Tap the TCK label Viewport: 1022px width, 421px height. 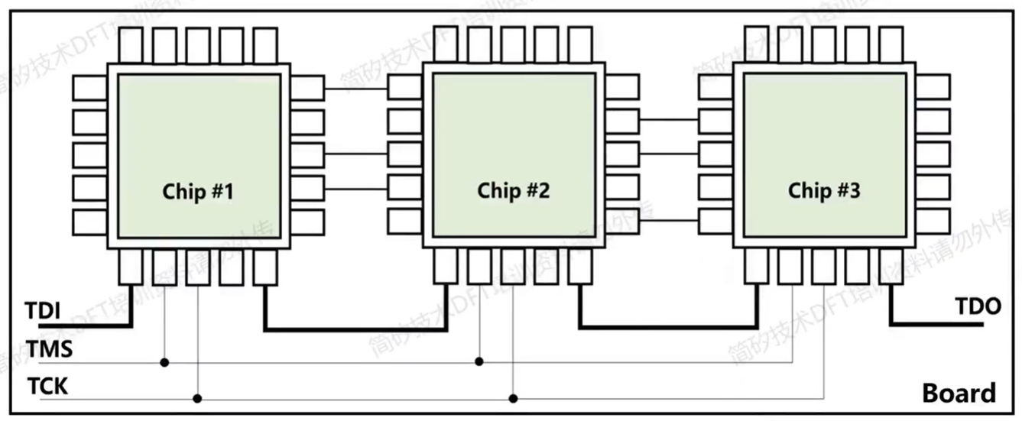47,386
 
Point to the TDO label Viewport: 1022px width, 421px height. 978,306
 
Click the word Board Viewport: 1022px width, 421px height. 959,393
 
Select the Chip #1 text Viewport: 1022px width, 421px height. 198,191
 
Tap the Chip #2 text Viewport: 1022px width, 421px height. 513,190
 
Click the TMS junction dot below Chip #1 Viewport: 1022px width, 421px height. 164,361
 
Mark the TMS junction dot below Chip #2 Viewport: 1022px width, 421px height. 479,361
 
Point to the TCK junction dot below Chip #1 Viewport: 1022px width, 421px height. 198,398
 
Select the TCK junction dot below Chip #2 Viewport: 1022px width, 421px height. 513,398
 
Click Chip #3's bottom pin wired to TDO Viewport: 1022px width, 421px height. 891,265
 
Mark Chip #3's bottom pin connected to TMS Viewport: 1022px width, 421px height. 791,265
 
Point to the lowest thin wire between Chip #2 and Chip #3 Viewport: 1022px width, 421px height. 669,222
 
